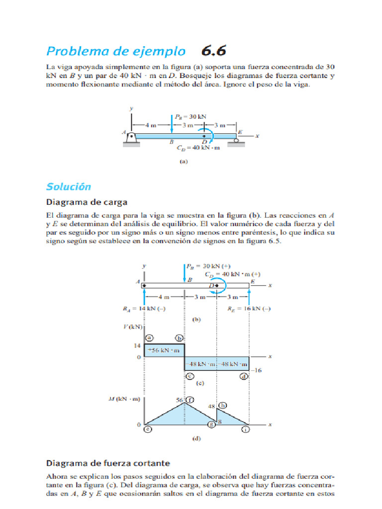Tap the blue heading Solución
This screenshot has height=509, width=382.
(69, 186)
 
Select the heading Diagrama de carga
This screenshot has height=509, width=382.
(87, 202)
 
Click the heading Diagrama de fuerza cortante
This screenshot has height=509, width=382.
(108, 463)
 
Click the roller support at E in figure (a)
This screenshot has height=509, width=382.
(236, 141)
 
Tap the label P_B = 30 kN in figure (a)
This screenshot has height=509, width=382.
(190, 117)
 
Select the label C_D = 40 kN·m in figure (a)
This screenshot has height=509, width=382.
(198, 148)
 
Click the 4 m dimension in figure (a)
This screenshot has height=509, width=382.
(150, 125)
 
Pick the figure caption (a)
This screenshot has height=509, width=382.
(183, 161)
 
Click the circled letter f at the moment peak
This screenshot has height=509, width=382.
(190, 399)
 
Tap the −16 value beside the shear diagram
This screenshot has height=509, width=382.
(257, 370)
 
